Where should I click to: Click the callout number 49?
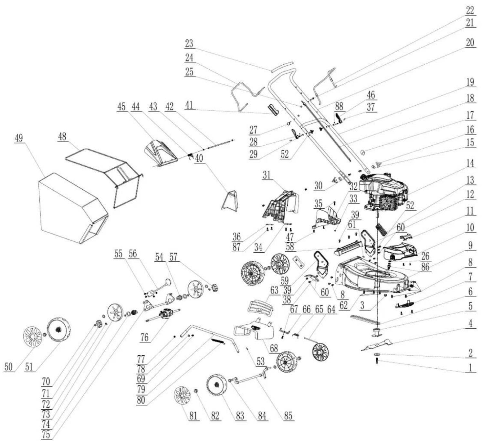click(x=18, y=138)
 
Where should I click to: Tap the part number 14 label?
click(x=470, y=163)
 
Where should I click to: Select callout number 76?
click(x=144, y=338)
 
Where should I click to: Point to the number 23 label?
click(x=189, y=44)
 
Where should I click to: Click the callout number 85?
click(x=288, y=415)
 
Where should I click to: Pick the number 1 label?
click(x=470, y=368)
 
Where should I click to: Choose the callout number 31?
click(x=266, y=175)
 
